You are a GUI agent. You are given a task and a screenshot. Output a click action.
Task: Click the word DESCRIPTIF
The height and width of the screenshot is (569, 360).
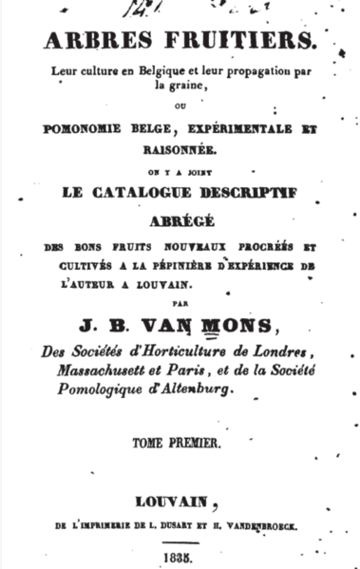click(264, 191)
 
